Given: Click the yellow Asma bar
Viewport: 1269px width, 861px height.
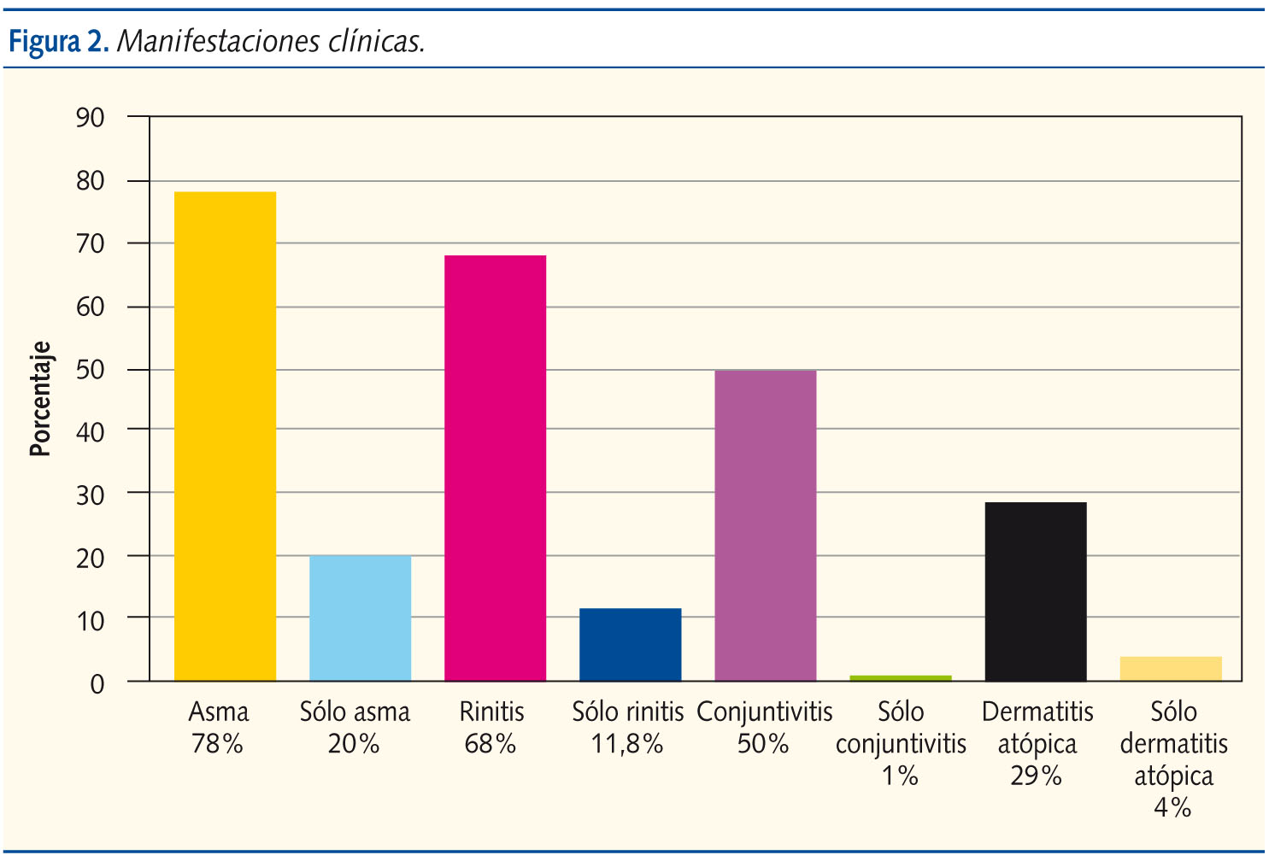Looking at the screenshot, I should click(225, 436).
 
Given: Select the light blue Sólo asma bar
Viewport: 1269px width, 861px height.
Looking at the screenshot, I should click(360, 618).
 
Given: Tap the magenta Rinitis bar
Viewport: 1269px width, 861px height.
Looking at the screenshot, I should click(495, 467).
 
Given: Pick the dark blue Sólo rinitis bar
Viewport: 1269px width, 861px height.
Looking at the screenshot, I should click(630, 644).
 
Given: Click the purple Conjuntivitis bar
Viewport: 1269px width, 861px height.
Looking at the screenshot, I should click(765, 525).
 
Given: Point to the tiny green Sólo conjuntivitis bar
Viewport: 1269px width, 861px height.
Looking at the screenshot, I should click(900, 677).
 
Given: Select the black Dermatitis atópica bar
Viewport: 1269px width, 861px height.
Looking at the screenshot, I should click(1035, 591).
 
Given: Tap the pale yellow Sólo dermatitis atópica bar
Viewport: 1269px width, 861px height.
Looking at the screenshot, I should click(1170, 668).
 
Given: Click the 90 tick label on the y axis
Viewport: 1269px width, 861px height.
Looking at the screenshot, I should click(90, 118).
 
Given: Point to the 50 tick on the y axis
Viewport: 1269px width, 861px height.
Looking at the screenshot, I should click(90, 370).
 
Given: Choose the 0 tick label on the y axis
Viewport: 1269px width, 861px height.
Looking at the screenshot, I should click(97, 683).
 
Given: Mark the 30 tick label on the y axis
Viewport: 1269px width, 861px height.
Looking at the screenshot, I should click(90, 495).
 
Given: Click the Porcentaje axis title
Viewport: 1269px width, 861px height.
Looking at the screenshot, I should click(40, 399).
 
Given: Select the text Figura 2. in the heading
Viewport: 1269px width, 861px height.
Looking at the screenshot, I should click(58, 40).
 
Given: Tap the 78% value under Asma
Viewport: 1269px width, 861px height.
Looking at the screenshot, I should click(217, 744).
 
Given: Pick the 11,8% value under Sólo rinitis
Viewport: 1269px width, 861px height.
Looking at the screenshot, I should click(627, 744).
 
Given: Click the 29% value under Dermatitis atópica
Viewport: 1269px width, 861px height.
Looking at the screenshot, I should click(1036, 776).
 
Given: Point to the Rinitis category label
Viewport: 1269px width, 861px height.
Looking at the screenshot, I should click(491, 712).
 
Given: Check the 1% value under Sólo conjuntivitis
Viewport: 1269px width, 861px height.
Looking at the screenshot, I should click(900, 776).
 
